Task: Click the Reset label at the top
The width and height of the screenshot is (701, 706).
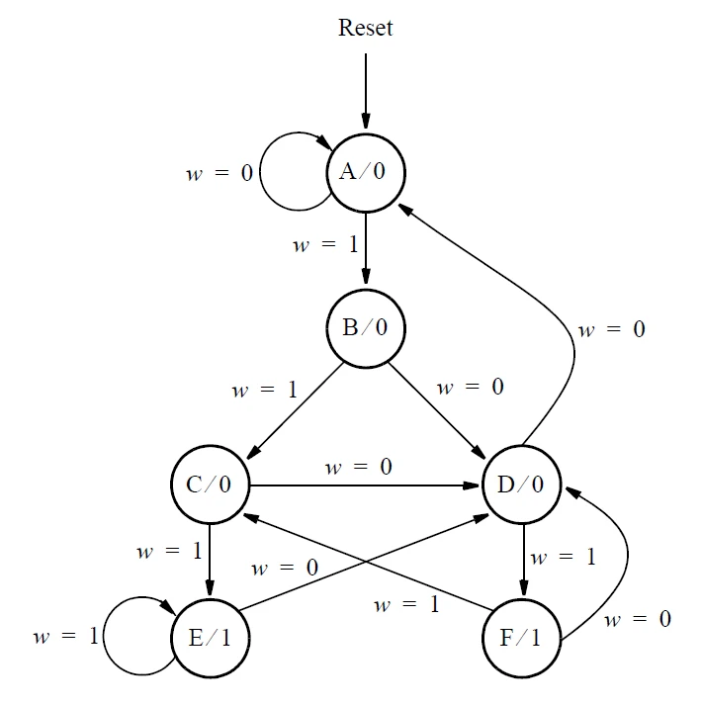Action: (x=365, y=28)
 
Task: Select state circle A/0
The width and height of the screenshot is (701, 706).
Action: (x=365, y=173)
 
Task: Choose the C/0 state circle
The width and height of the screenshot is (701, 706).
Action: (x=210, y=485)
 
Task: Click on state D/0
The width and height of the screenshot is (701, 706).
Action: (x=520, y=485)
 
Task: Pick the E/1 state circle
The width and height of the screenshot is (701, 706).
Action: (x=210, y=637)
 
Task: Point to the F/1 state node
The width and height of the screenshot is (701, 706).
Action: (x=520, y=637)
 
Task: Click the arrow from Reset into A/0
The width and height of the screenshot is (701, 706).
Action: (x=365, y=94)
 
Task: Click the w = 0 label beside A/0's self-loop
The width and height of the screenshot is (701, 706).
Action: (x=219, y=174)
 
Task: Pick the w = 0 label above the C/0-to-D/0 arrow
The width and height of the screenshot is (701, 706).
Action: (x=359, y=467)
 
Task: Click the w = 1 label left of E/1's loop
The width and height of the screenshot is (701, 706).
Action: (x=65, y=636)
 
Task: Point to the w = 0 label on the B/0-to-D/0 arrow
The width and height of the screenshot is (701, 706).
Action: (x=471, y=387)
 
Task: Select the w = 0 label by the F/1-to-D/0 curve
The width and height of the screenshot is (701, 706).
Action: (x=638, y=620)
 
